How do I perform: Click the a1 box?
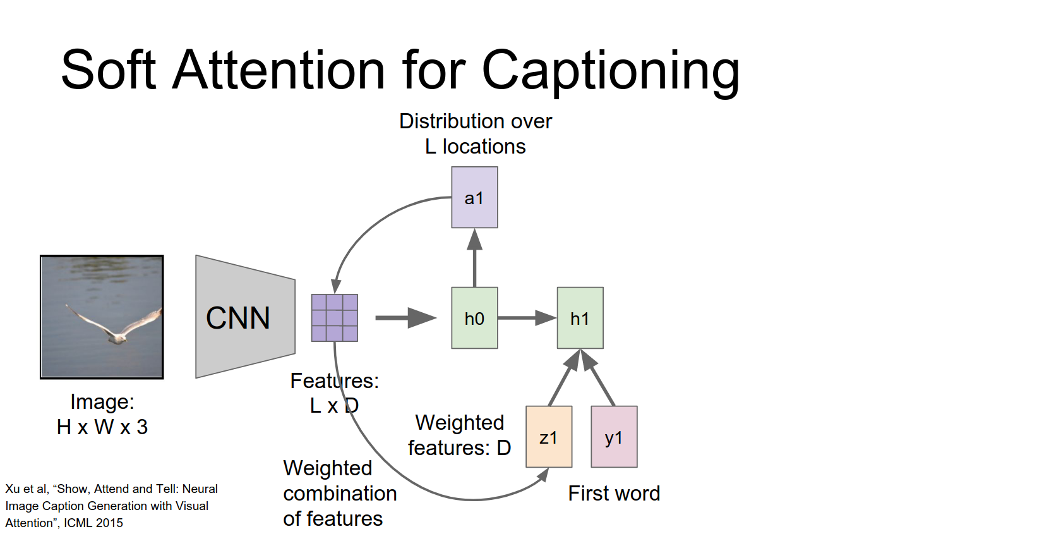point(474,197)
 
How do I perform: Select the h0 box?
point(474,318)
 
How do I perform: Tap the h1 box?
point(580,318)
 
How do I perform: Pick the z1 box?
point(549,437)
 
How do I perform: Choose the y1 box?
point(614,437)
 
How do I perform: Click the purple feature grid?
point(335,318)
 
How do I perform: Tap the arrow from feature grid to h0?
point(405,318)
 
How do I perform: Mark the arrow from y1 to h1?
point(598,378)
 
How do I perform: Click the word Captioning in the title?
point(610,71)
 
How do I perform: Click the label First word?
point(614,493)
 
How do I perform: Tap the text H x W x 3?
point(102,427)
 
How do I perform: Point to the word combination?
point(340,493)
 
